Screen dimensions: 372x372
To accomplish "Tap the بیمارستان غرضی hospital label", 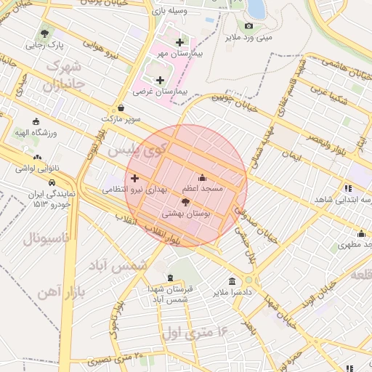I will tap(161, 92).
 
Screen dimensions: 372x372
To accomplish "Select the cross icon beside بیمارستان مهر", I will tap(179, 42).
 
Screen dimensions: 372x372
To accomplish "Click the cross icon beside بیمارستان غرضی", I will tap(160, 80).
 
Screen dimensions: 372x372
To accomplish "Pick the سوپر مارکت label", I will tap(121, 118).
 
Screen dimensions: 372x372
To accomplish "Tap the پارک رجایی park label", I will tap(45, 45).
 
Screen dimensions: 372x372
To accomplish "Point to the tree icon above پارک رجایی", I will tap(45, 33).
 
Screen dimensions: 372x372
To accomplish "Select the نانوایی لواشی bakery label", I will tap(37, 168).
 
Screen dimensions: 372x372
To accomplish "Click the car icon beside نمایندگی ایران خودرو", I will tap(52, 181).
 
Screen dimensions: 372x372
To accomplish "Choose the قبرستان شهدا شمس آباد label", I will tap(169, 294).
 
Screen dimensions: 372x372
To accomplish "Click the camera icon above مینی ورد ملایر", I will tap(248, 25).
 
